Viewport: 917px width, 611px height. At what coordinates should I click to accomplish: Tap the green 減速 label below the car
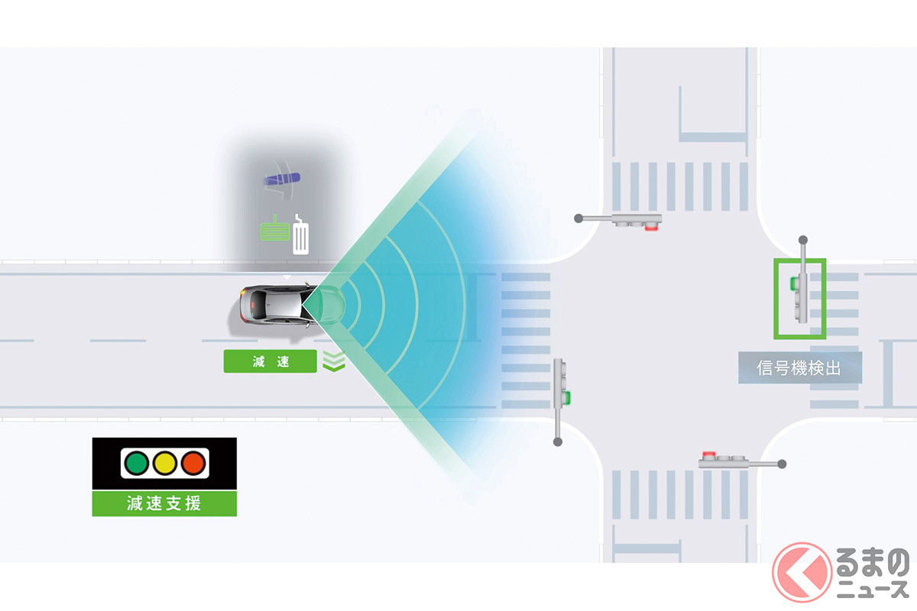click(270, 362)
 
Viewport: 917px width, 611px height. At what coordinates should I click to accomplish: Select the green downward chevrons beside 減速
click(334, 361)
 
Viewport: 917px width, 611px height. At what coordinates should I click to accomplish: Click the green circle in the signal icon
click(137, 463)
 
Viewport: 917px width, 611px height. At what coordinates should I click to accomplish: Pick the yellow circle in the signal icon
click(165, 463)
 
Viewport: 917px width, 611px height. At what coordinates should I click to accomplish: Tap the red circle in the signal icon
click(193, 463)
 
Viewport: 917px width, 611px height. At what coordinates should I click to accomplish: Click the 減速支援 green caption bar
click(164, 503)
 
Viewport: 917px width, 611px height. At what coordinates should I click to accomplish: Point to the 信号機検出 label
click(799, 368)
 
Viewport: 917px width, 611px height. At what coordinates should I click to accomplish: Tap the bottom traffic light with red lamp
click(726, 460)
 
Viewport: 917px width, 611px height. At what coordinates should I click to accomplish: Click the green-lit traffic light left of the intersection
click(562, 384)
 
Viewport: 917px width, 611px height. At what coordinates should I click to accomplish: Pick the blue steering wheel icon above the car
click(282, 180)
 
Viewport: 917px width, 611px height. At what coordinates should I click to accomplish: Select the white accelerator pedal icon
click(303, 235)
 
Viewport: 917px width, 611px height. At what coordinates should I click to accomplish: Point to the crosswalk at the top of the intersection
click(680, 187)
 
